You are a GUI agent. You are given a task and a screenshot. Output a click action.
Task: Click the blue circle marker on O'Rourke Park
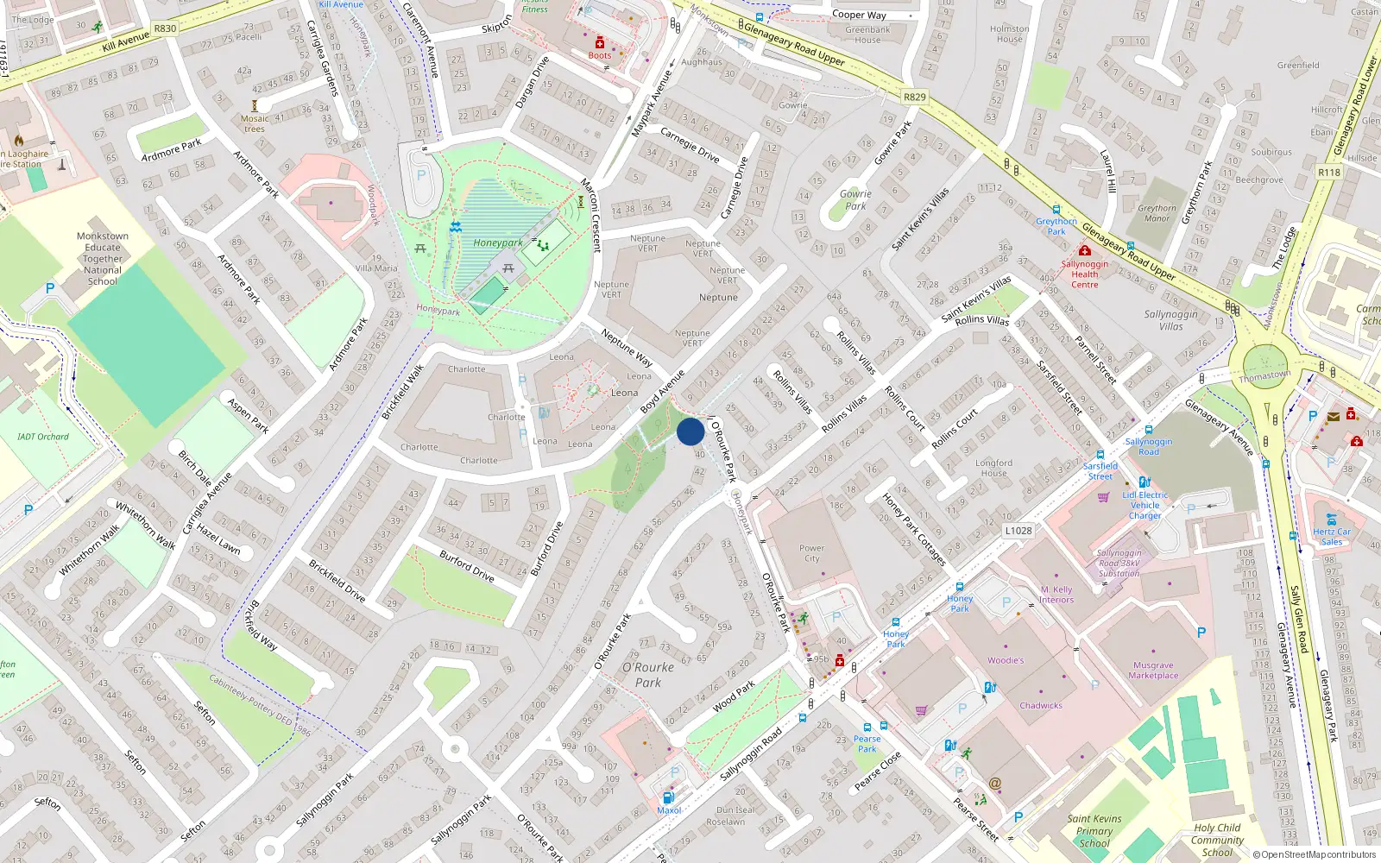tap(690, 431)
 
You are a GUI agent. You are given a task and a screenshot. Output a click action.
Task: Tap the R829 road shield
tap(914, 97)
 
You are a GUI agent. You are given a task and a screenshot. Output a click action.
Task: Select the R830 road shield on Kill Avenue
tap(165, 28)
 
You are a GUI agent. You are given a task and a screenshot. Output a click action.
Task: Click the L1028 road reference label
tap(1018, 530)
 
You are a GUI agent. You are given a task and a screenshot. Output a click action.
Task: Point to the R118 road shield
tap(1329, 173)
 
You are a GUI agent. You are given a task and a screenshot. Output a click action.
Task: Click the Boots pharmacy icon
tap(600, 43)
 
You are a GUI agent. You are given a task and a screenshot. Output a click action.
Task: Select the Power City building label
tap(811, 553)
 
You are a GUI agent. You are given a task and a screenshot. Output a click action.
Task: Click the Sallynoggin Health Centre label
tap(1085, 274)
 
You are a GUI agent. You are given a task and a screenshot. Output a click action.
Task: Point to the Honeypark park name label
tap(497, 243)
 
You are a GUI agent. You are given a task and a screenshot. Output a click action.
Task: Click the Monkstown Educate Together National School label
tap(103, 258)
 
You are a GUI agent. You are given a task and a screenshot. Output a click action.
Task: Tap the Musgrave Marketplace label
tap(1153, 671)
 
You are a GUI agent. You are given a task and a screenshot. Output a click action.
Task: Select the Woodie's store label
tap(1006, 660)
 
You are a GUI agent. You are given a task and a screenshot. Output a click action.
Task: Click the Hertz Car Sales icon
tap(1331, 520)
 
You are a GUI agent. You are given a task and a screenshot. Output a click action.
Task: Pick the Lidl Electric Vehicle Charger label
tap(1145, 505)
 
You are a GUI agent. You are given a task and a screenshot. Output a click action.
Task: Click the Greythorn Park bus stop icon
tap(1056, 210)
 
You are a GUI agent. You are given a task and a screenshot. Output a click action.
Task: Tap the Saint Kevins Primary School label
tap(1094, 831)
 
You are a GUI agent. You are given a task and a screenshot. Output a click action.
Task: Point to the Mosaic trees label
tap(255, 123)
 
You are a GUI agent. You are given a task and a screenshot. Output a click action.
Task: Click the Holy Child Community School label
tap(1217, 840)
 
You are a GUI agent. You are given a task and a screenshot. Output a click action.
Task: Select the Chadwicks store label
tap(1041, 705)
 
